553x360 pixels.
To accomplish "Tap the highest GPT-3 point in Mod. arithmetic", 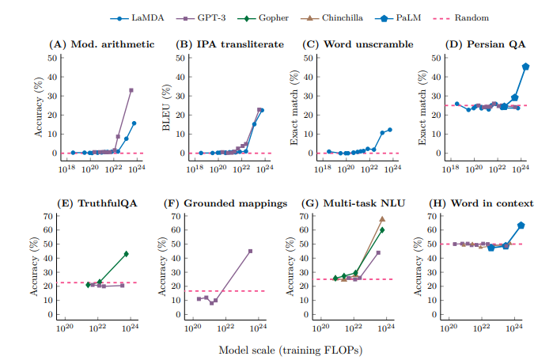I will click(x=131, y=90).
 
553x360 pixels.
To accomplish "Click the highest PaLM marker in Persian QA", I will click(x=526, y=66).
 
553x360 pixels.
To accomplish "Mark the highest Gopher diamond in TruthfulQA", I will click(x=126, y=254).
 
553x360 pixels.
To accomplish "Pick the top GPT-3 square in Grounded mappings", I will click(x=250, y=251).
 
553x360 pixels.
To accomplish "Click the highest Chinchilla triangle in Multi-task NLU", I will click(x=382, y=218).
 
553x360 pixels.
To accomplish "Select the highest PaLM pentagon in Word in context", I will click(x=521, y=225).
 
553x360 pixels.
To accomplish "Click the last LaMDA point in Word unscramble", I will click(x=390, y=129).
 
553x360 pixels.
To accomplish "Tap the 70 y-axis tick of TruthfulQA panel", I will click(x=49, y=216).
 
